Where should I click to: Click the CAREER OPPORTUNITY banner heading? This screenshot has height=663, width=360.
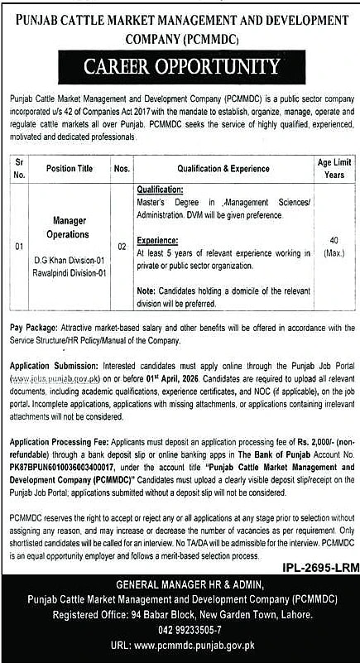[x=180, y=65]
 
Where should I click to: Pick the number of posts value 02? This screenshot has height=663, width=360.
[x=122, y=245]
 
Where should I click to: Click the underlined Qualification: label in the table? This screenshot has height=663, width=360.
[x=163, y=189]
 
